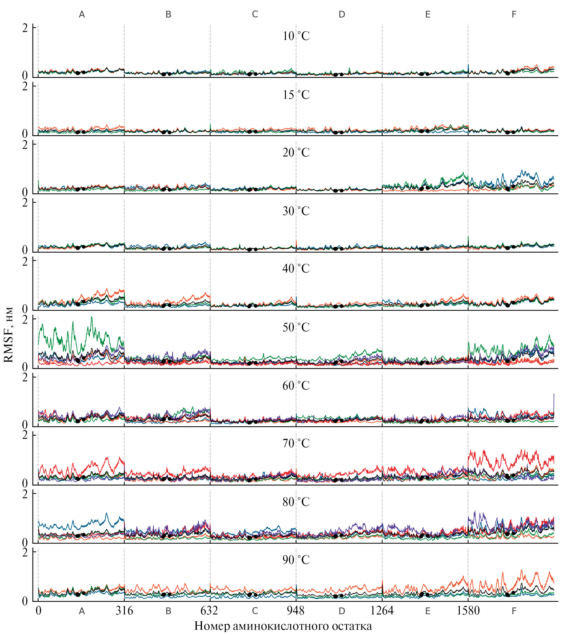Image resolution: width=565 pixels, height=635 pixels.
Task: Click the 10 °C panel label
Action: click(296, 36)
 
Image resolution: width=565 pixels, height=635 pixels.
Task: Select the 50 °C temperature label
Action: click(296, 327)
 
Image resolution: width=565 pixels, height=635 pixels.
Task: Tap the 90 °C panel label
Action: click(296, 560)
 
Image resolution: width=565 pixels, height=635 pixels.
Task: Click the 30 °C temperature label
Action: click(296, 211)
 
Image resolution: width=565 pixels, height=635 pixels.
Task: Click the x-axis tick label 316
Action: click(124, 611)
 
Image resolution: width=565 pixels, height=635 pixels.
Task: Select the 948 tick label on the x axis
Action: click(296, 611)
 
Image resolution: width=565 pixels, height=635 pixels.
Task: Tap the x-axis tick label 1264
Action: click(382, 611)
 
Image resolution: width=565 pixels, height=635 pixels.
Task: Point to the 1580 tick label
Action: click(468, 611)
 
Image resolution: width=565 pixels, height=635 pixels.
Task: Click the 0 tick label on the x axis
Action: click(38, 611)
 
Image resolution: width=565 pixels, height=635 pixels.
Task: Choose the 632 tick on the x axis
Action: click(210, 611)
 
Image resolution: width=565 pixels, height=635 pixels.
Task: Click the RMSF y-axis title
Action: click(8, 335)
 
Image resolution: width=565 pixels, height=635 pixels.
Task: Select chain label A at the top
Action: click(82, 14)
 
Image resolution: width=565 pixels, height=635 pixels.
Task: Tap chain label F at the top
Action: click(514, 14)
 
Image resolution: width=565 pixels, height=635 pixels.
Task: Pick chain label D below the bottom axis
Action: click(341, 611)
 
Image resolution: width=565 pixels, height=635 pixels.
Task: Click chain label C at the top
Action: click(255, 14)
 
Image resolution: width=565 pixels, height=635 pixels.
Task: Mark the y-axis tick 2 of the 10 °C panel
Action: click(25, 28)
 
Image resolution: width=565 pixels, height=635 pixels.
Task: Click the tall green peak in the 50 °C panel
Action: click(91, 317)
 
